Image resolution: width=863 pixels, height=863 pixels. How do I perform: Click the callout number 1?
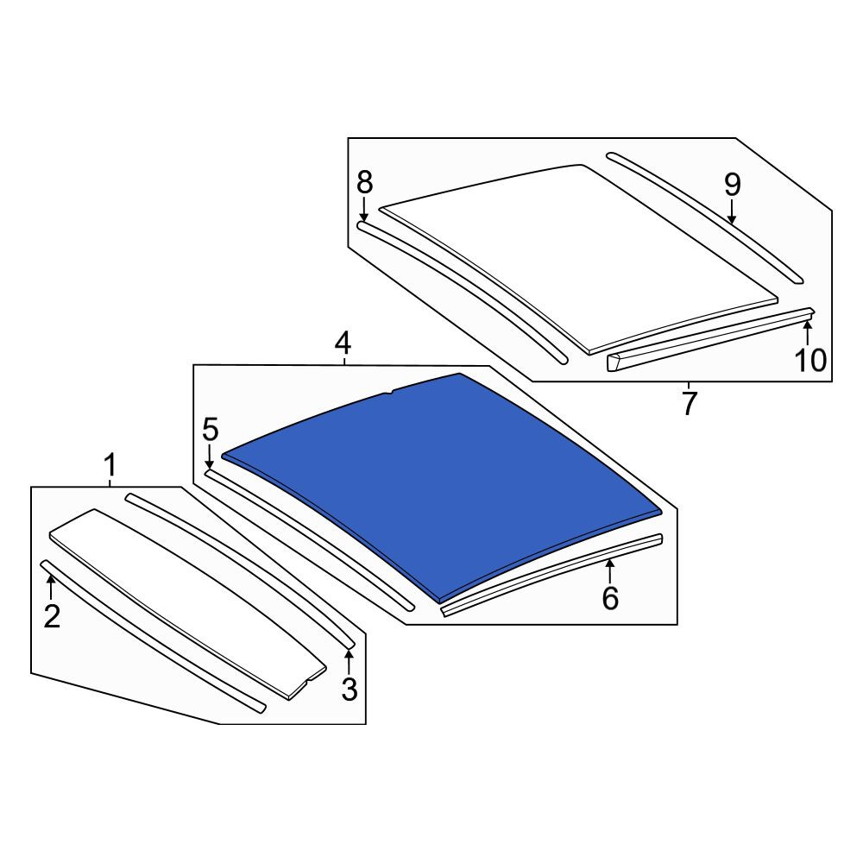tap(110, 466)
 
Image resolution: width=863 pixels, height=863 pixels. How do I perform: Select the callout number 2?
tap(52, 616)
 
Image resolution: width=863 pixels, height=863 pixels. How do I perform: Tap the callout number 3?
tap(350, 689)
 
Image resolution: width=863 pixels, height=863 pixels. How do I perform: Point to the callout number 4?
tap(343, 343)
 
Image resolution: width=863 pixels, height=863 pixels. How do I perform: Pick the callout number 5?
tap(211, 429)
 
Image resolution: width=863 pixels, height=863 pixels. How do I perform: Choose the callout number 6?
tap(610, 598)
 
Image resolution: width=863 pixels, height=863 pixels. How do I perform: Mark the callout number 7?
tap(690, 403)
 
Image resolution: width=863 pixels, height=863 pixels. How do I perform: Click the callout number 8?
tap(364, 183)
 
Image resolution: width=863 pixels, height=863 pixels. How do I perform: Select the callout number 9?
tap(732, 185)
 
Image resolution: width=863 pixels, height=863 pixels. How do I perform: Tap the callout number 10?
tap(810, 361)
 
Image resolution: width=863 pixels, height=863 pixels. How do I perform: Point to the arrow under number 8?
tap(364, 210)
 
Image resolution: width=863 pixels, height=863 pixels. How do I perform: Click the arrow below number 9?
tap(732, 212)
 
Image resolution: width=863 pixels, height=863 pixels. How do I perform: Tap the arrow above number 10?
tap(808, 333)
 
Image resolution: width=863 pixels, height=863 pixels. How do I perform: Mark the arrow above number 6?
tap(610, 571)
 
